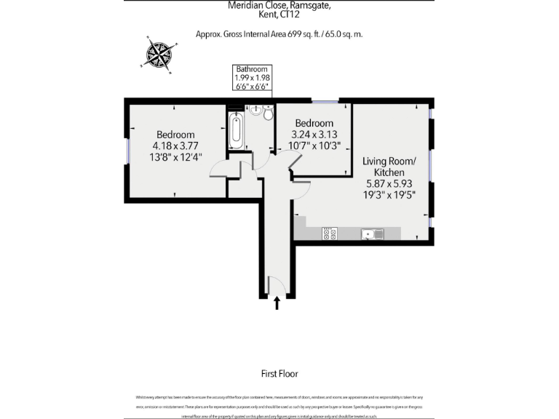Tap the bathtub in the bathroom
235,130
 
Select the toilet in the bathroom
268,114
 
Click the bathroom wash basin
255,111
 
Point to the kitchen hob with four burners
329,234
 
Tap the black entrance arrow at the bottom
277,303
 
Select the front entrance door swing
275,287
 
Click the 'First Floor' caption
279,374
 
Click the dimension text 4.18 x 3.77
176,145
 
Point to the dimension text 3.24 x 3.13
312,134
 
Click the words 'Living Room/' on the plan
389,161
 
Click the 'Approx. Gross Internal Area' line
279,34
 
